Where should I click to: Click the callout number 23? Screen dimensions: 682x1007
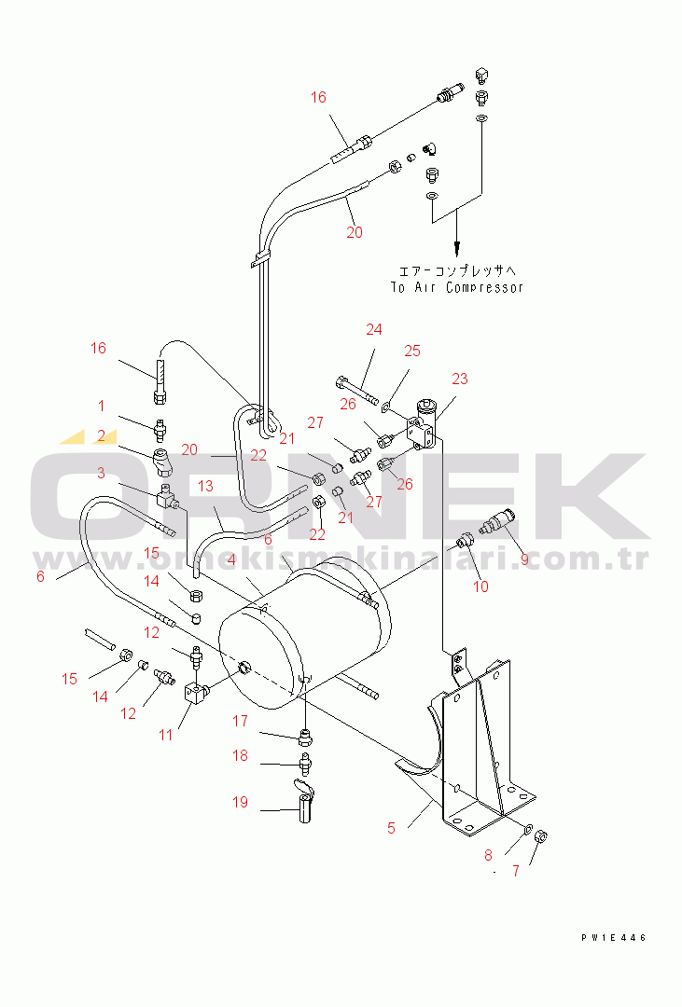(460, 379)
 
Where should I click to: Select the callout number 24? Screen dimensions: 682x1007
(374, 329)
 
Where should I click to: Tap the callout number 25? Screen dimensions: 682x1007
(412, 351)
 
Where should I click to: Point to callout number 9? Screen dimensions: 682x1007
(524, 560)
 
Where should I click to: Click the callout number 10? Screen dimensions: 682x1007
(480, 586)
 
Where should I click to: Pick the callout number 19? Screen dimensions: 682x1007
(240, 802)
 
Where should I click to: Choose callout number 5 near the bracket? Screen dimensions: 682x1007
(392, 829)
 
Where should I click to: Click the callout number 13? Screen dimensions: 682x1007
(205, 486)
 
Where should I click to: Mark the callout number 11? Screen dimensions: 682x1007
(166, 735)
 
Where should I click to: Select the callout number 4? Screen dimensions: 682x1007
(231, 560)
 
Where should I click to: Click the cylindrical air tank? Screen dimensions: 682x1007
(305, 632)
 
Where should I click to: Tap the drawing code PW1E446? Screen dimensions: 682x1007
(614, 938)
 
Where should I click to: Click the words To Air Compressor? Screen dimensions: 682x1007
(457, 288)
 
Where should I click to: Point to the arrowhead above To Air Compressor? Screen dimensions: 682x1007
(457, 248)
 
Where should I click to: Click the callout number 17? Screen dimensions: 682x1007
(240, 721)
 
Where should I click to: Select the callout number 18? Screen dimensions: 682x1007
(240, 755)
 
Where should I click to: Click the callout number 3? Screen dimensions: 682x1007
(101, 474)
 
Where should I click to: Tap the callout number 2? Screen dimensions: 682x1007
(101, 436)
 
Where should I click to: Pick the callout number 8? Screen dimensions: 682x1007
(489, 855)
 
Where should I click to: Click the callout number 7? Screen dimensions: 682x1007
(516, 872)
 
